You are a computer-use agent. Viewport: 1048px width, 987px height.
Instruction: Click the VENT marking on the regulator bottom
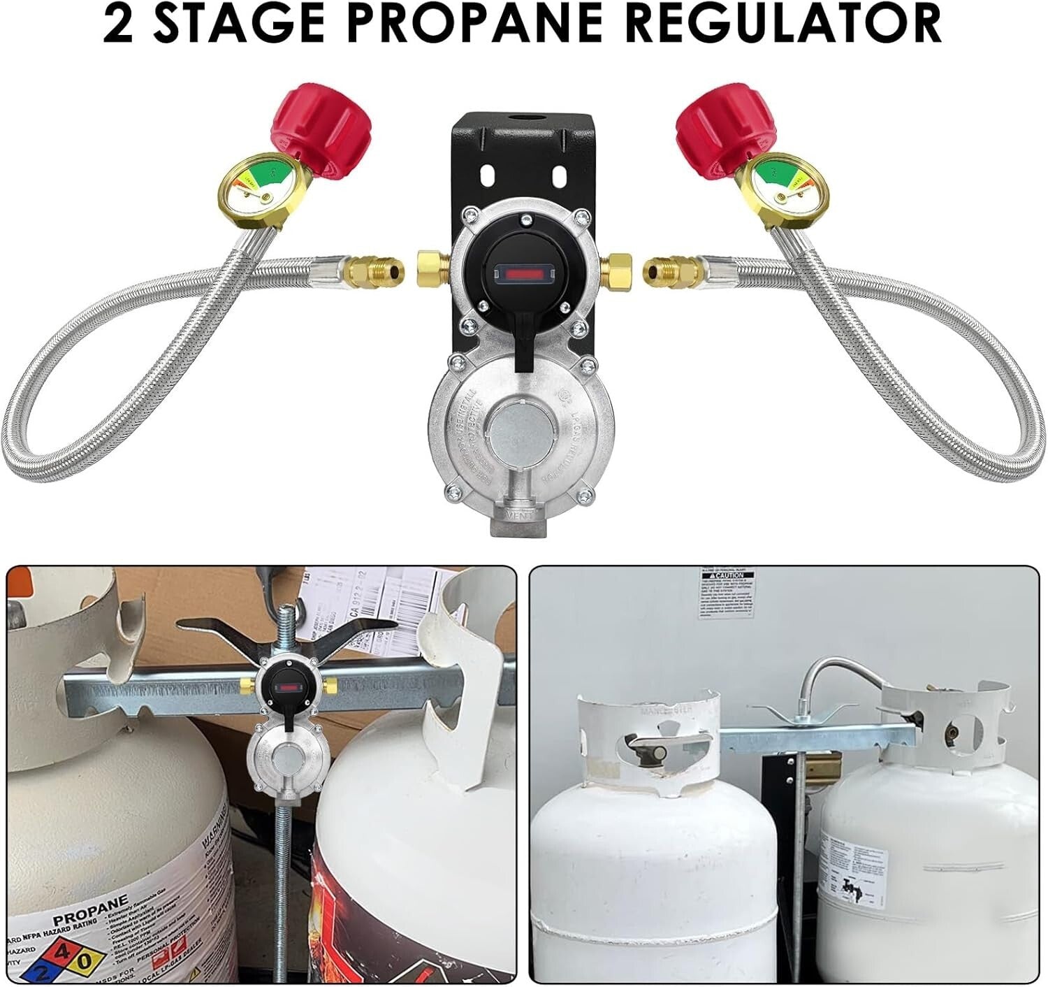(520, 517)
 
